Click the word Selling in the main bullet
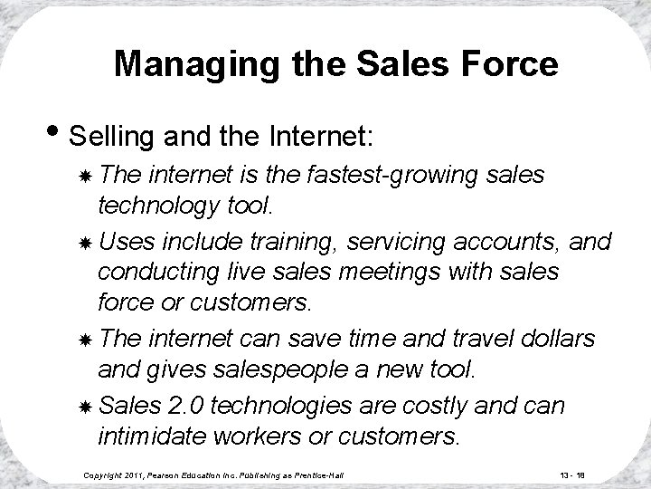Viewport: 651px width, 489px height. [x=111, y=141]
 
